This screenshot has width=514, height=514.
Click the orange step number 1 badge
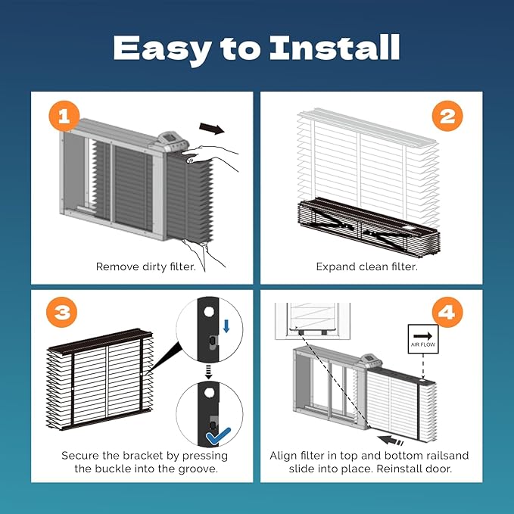(64, 116)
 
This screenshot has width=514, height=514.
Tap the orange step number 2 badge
(447, 116)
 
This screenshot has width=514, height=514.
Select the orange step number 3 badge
(62, 312)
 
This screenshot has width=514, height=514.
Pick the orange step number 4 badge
(447, 312)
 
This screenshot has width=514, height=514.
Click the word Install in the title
(335, 48)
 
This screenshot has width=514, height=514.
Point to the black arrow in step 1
(212, 128)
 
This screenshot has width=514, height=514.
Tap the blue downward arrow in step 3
(226, 326)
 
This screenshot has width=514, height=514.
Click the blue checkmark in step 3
(218, 436)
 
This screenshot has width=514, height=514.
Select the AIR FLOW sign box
(423, 339)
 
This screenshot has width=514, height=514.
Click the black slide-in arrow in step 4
(390, 441)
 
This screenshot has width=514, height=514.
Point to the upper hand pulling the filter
(210, 157)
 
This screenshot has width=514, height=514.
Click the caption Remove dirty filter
(146, 266)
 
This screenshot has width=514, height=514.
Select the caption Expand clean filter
(367, 266)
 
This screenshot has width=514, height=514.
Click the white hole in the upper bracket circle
(209, 311)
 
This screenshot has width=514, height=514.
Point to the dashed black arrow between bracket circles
(208, 372)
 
